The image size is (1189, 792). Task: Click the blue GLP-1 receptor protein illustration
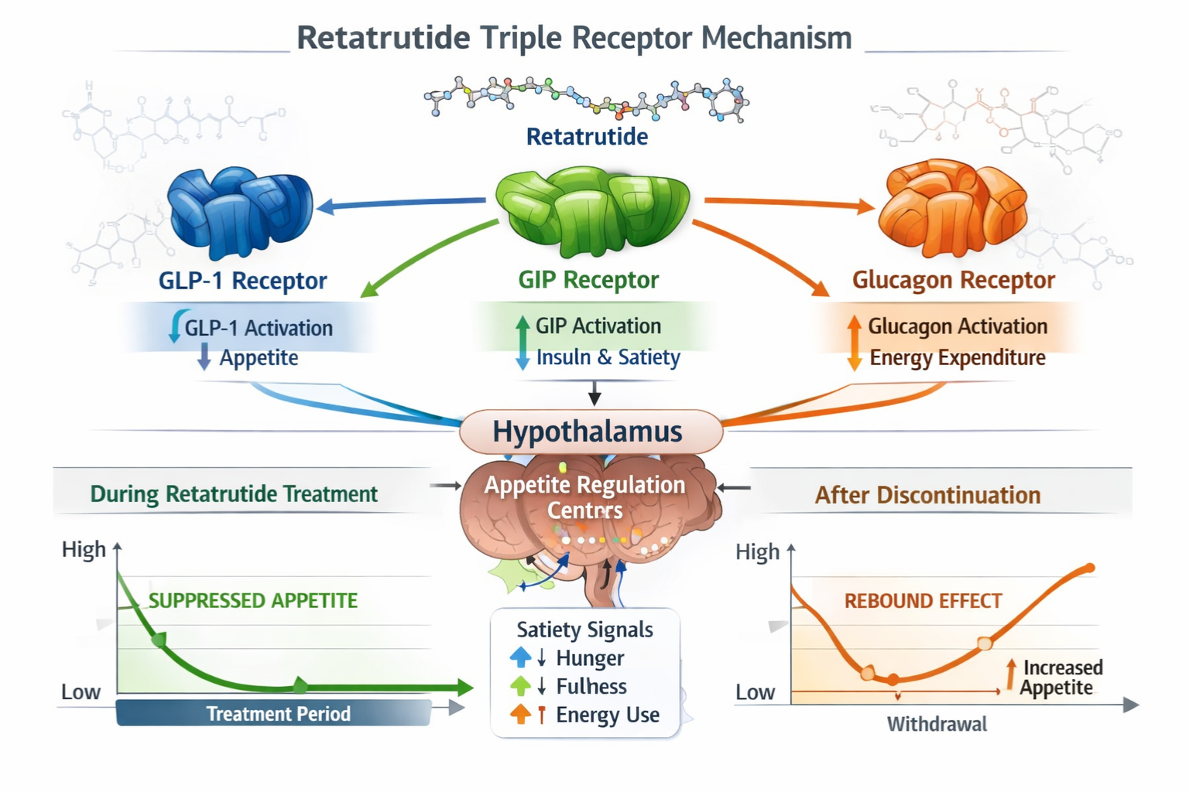(x=239, y=210)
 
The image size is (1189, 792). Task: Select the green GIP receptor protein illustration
(x=593, y=209)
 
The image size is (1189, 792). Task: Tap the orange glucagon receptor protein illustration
(x=951, y=207)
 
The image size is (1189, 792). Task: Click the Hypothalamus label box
(x=590, y=432)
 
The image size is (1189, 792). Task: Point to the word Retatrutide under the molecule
(x=587, y=137)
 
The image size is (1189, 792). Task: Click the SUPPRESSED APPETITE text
(x=252, y=601)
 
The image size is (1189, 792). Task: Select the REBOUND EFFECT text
(x=923, y=601)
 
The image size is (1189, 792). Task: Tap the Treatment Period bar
(x=275, y=713)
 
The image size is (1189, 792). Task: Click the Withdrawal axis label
(x=937, y=725)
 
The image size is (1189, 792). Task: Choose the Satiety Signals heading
(x=584, y=630)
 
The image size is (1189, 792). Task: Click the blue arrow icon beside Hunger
(x=521, y=657)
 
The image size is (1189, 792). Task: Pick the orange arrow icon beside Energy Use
(x=521, y=715)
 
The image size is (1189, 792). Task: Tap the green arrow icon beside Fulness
(x=521, y=686)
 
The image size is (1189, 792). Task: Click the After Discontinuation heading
(x=927, y=495)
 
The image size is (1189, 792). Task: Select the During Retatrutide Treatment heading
(x=234, y=494)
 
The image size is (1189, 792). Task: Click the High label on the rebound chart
(x=756, y=552)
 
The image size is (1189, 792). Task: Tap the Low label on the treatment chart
(x=81, y=692)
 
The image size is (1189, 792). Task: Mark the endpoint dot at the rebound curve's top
(x=1090, y=568)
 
